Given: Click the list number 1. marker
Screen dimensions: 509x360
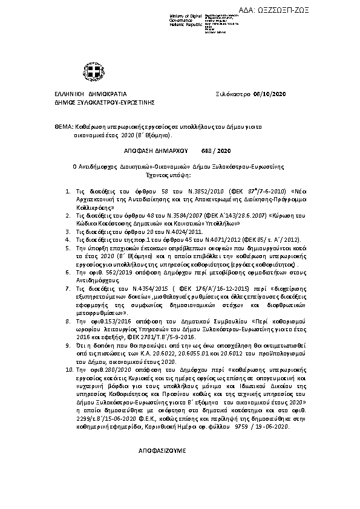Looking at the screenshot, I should (x=67, y=191).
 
